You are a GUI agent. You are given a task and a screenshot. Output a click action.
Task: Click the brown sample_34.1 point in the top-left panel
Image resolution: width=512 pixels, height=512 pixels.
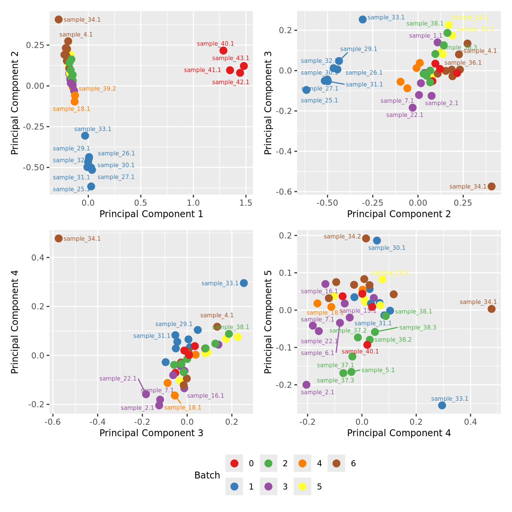[x=58, y=19]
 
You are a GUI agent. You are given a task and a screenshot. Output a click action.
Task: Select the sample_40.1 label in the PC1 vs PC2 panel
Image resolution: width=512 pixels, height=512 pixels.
[x=215, y=44]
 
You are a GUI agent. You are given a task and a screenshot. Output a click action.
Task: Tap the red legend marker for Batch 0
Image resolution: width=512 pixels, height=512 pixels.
[x=235, y=464]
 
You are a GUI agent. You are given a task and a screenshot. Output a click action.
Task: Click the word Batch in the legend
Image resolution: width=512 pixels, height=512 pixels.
[x=207, y=475]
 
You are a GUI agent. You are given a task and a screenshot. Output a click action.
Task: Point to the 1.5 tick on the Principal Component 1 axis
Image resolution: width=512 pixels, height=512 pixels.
[x=246, y=203]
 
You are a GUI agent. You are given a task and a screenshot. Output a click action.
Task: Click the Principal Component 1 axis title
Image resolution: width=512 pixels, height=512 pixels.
[x=151, y=214]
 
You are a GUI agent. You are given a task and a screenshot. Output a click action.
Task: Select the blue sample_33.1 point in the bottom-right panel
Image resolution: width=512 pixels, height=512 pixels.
[x=442, y=405]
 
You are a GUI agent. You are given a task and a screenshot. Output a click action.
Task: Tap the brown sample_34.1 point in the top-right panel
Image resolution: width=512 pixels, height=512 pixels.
[x=491, y=186]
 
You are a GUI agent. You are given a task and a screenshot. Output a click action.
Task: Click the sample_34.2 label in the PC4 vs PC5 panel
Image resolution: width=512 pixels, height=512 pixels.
[x=342, y=237]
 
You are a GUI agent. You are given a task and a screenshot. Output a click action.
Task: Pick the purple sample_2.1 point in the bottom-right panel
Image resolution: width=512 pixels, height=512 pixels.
[x=306, y=385]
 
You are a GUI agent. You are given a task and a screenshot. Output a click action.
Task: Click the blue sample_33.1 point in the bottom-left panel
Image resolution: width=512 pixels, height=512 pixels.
[x=244, y=283]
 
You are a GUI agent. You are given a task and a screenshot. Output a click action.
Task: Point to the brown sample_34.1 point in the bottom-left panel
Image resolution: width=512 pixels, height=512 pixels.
[x=58, y=238]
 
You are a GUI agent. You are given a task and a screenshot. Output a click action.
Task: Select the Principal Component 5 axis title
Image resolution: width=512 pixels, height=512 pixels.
[x=268, y=322]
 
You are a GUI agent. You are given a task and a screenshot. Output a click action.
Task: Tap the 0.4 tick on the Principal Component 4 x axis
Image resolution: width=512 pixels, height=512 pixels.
[x=470, y=422]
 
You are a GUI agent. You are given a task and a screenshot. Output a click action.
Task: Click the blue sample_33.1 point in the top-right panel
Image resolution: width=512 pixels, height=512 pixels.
[x=363, y=19]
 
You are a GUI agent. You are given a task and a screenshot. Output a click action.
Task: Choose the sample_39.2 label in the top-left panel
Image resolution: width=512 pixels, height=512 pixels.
[x=97, y=89]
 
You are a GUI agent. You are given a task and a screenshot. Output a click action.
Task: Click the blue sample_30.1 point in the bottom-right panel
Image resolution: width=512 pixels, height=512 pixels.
[x=377, y=240]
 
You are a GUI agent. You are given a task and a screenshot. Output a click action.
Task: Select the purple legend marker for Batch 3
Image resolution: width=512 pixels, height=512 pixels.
[x=269, y=486]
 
